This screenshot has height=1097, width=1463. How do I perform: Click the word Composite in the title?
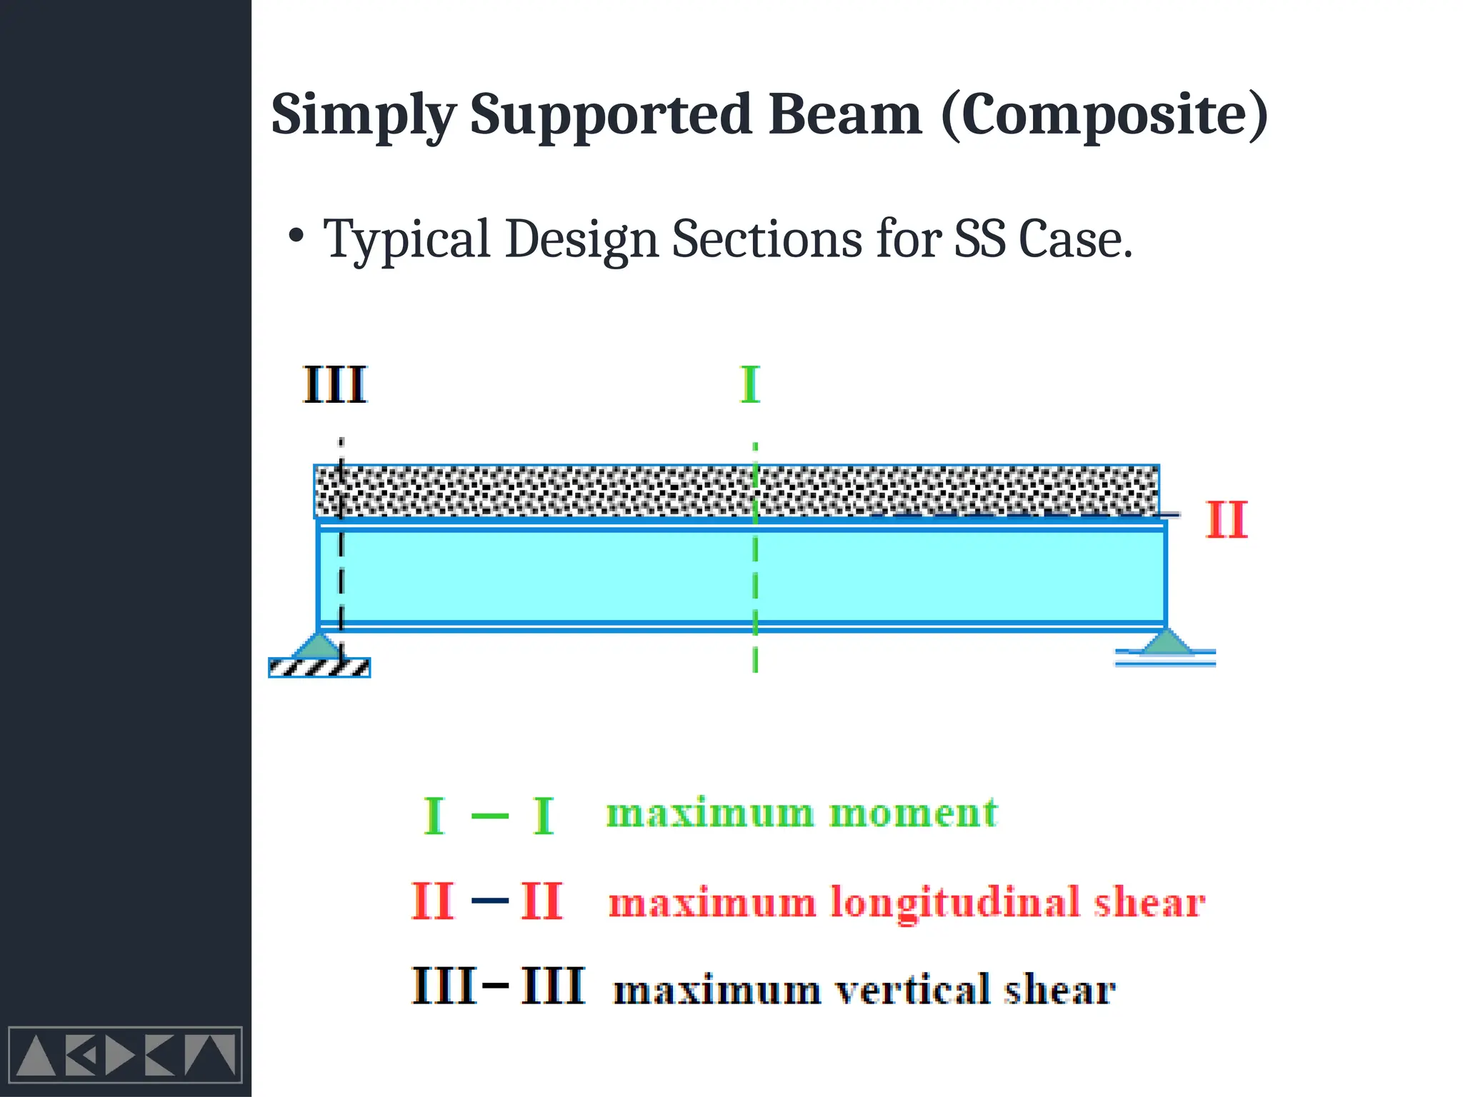[1104, 116]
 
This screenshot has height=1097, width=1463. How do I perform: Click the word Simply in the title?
[363, 116]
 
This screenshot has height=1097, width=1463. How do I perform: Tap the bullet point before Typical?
[296, 236]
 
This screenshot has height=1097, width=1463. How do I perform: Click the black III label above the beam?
[334, 385]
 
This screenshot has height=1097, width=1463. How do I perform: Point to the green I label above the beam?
[750, 385]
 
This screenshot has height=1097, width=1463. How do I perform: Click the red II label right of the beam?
[1227, 520]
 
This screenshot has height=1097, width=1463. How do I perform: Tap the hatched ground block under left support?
[319, 668]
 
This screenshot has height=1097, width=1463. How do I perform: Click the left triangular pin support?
[318, 646]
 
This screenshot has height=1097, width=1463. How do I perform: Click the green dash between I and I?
[490, 816]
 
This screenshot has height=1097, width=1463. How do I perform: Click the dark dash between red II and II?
[490, 901]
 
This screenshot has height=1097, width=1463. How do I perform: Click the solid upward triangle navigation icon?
[36, 1056]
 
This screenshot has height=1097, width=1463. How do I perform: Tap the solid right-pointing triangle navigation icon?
[119, 1056]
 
